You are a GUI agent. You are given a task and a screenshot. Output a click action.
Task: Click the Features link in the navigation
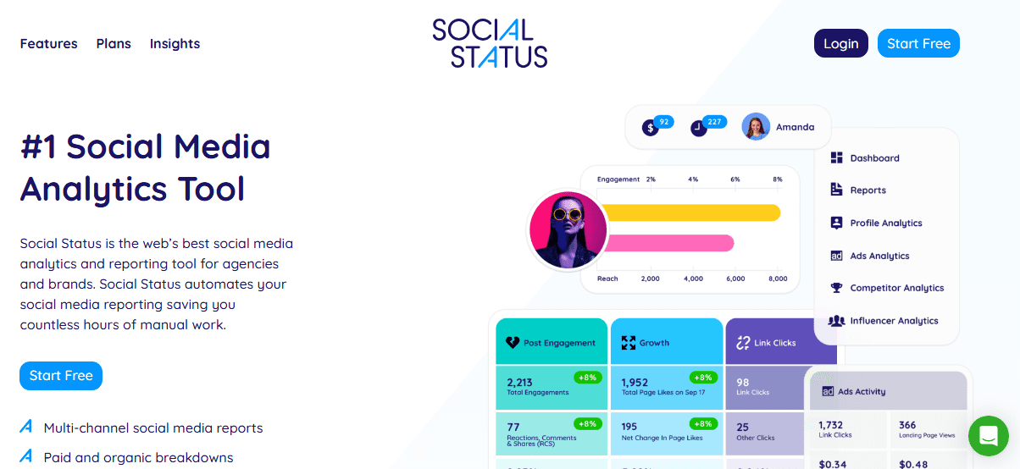(x=48, y=44)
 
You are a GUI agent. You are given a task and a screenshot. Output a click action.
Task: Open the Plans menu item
(x=114, y=44)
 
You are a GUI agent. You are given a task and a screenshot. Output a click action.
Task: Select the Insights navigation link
(x=175, y=44)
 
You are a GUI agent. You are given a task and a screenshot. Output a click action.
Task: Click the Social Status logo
(x=490, y=42)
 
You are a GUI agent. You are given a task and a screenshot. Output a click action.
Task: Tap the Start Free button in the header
(x=918, y=44)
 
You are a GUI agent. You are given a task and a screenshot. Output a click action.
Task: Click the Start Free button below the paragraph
(x=61, y=376)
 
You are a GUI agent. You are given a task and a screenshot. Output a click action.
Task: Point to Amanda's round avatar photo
(x=756, y=127)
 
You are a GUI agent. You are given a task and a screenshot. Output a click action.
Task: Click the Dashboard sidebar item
(x=874, y=158)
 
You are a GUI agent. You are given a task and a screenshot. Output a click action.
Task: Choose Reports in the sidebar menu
(x=868, y=190)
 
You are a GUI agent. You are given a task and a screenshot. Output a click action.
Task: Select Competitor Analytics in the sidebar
(x=896, y=288)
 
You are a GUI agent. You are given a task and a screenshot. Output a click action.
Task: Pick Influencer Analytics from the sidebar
(x=894, y=321)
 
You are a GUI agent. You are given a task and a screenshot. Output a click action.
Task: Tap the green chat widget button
(x=988, y=436)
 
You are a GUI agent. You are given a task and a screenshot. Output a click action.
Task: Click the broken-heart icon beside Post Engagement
(x=512, y=343)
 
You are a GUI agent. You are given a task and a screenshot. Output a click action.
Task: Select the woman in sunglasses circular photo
(x=568, y=229)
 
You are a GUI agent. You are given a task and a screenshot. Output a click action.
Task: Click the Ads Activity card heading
(x=861, y=391)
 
